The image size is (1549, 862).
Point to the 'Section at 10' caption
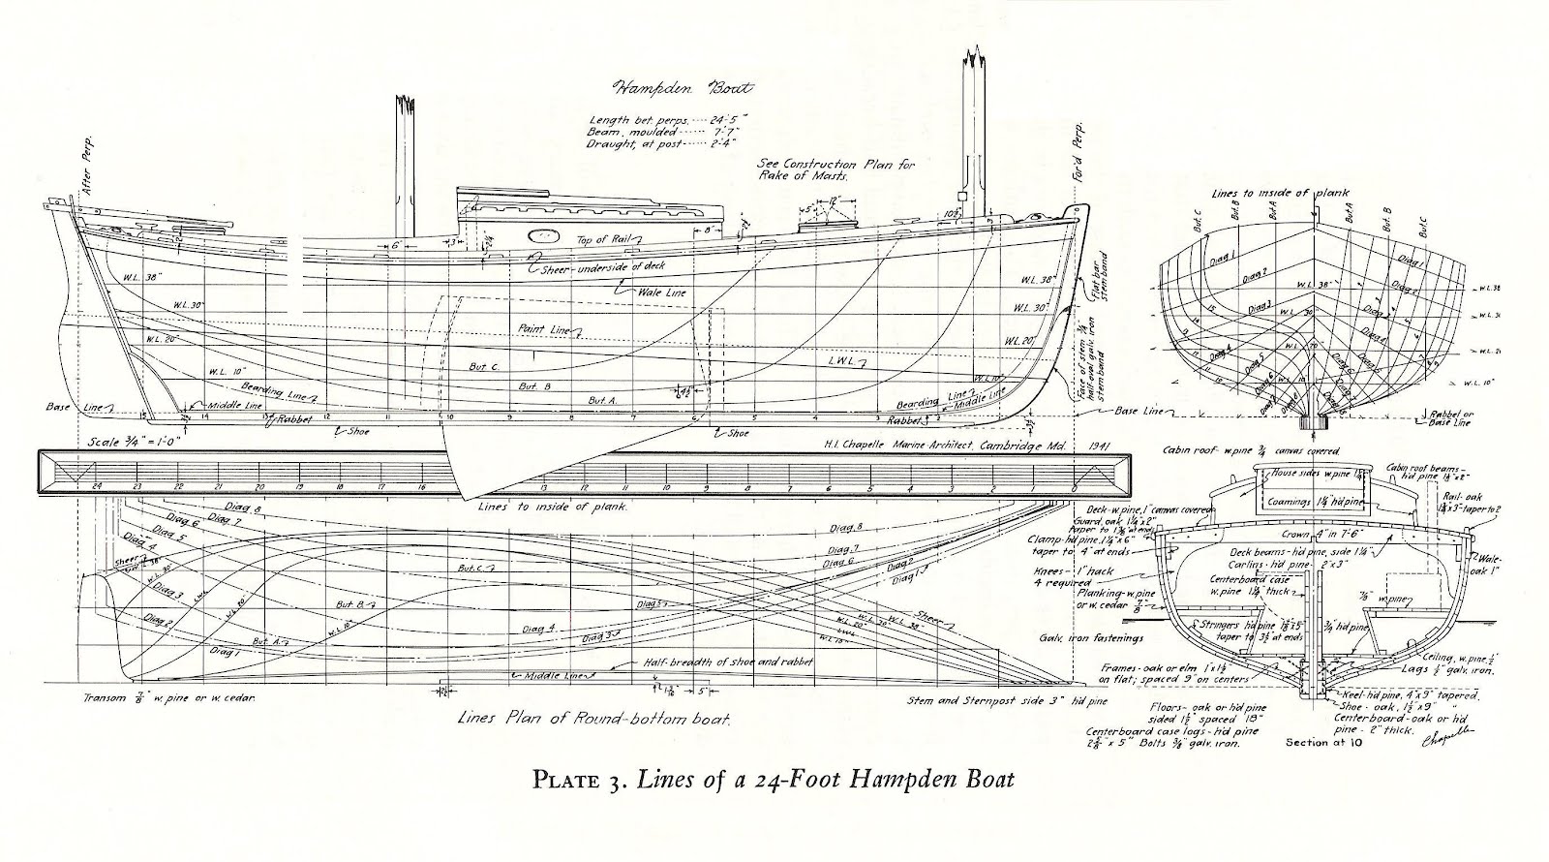click(x=1326, y=743)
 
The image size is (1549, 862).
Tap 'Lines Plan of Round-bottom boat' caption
click(x=593, y=720)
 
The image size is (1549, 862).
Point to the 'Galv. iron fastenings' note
click(x=1090, y=638)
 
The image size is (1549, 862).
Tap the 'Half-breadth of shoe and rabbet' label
click(x=727, y=662)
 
